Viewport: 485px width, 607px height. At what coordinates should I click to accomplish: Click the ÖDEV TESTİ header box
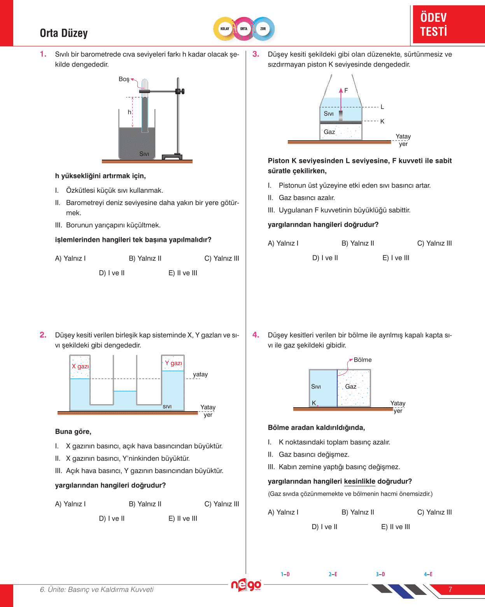[448, 24]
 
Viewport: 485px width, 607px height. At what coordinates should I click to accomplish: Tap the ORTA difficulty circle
[244, 29]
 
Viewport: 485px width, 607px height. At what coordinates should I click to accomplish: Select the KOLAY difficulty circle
[225, 29]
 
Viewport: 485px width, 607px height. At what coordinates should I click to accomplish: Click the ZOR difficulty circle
[263, 29]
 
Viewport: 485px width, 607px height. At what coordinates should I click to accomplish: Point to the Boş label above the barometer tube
[124, 79]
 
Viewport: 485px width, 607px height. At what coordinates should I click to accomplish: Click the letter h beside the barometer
[130, 112]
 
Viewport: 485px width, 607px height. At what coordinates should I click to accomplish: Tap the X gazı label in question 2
[80, 366]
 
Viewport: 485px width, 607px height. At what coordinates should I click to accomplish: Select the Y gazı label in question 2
[173, 363]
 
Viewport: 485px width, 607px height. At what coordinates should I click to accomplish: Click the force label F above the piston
[346, 90]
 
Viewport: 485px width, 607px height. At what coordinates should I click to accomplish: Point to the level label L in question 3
[382, 107]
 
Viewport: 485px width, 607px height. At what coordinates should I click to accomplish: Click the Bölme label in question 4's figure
[362, 360]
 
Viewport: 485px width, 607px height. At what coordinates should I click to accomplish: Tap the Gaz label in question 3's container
[329, 132]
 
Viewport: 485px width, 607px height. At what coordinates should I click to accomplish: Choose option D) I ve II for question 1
[112, 273]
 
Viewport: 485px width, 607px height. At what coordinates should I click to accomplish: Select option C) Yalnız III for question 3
[434, 243]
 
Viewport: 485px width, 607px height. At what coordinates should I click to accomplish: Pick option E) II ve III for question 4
[395, 527]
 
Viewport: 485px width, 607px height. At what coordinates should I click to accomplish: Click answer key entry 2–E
[333, 574]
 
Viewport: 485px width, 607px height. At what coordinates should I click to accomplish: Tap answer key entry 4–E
[428, 574]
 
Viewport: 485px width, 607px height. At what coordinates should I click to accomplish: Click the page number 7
[450, 589]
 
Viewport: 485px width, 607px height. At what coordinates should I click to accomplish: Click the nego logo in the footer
[246, 585]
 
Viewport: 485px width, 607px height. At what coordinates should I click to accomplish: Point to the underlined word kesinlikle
[359, 482]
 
